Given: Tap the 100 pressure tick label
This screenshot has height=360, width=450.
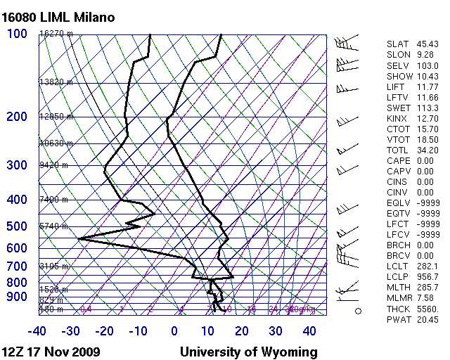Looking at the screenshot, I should (18, 34).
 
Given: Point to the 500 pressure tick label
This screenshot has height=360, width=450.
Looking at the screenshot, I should (18, 226).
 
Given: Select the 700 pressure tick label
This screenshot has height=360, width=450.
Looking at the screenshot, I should (18, 266).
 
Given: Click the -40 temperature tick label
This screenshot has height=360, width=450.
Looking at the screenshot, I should (37, 331).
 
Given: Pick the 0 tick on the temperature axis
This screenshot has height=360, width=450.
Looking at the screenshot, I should (174, 331).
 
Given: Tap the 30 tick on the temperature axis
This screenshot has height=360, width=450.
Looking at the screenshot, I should (276, 331).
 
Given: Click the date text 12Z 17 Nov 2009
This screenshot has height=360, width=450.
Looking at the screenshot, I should (51, 352).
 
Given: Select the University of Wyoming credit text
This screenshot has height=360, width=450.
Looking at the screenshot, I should (248, 352).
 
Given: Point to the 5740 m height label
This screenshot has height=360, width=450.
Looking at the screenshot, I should (53, 226).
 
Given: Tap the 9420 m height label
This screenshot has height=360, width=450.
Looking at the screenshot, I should (53, 166).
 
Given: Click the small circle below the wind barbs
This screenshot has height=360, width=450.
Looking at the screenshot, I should (358, 310).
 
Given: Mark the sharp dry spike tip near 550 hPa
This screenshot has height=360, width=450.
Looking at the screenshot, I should (79, 239).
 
